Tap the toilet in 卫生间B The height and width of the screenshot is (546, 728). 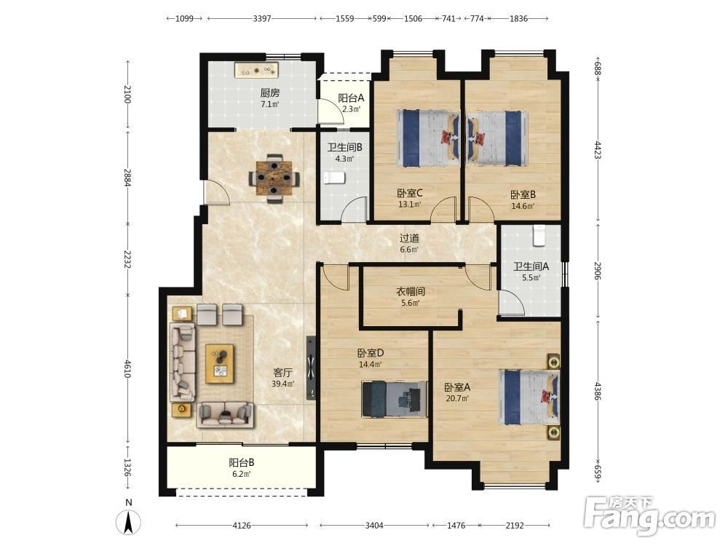[x=334, y=178]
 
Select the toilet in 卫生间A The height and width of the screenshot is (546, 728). [x=539, y=235]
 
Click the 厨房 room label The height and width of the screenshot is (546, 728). [x=270, y=93]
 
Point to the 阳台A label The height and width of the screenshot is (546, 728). [x=351, y=98]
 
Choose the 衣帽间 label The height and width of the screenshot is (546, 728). [x=411, y=292]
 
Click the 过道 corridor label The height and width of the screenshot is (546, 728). [x=409, y=238]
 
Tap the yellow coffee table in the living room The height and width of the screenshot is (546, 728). [x=220, y=363]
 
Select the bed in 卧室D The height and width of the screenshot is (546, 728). [x=394, y=399]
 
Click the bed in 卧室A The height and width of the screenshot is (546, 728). [x=529, y=397]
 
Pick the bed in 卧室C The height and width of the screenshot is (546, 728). [x=427, y=138]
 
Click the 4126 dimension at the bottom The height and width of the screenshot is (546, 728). [x=242, y=526]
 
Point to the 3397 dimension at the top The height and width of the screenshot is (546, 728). [x=262, y=19]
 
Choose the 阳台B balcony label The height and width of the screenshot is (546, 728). [x=242, y=462]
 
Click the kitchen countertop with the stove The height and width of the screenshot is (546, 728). [x=257, y=71]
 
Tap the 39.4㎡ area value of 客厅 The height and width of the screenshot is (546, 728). [x=282, y=384]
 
